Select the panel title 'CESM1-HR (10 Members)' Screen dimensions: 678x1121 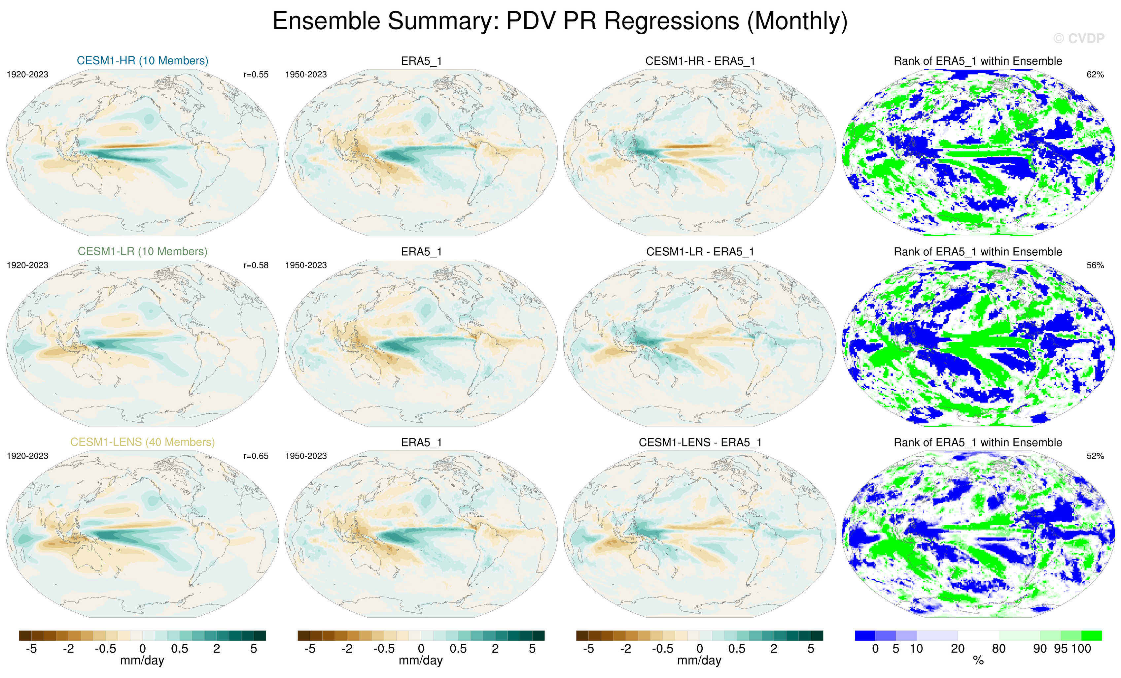point(142,60)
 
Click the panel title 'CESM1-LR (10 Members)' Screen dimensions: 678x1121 point(142,251)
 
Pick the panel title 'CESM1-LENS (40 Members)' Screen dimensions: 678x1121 point(142,442)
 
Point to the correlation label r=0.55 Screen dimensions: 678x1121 point(256,75)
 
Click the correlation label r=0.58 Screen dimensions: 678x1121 point(256,265)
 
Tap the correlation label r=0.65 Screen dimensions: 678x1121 point(256,456)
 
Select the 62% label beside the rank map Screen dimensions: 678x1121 point(1095,75)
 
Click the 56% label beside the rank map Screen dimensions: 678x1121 point(1095,265)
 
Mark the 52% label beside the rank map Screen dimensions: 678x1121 point(1095,456)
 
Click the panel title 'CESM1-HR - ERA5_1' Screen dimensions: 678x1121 point(700,61)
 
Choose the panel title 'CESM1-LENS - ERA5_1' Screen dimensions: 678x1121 point(700,442)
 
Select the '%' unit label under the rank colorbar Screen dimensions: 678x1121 point(978,661)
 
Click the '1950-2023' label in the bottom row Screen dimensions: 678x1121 point(306,456)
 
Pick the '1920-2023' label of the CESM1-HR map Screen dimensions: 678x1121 point(27,75)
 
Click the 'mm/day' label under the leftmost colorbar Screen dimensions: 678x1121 point(142,661)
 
